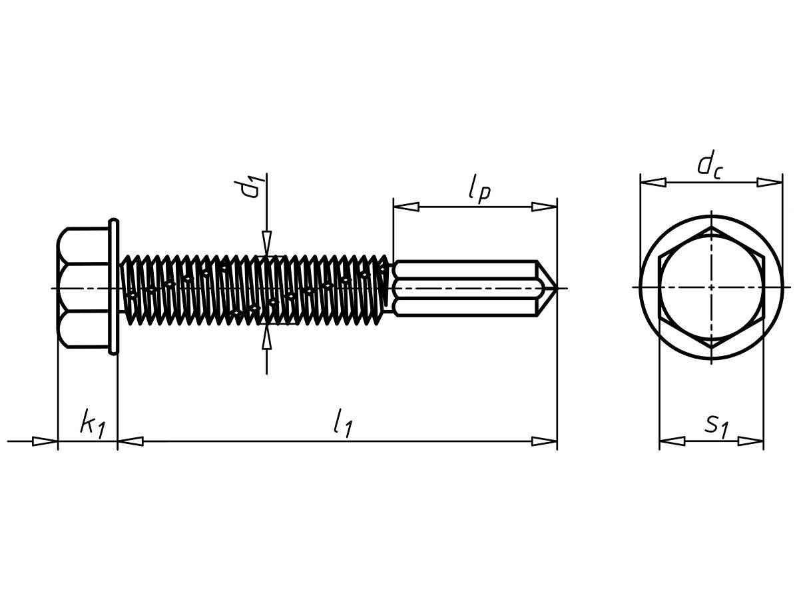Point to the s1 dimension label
click(716, 427)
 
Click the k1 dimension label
click(93, 424)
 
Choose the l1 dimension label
click(343, 423)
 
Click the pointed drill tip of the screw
click(555, 288)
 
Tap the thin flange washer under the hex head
click(114, 287)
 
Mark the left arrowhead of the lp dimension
click(406, 207)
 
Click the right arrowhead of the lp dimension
click(544, 207)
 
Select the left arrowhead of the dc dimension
click(653, 182)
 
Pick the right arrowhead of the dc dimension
click(769, 182)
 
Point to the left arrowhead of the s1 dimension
click(672, 441)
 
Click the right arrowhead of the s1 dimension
click(750, 441)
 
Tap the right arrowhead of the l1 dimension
click(544, 441)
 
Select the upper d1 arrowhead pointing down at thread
click(267, 243)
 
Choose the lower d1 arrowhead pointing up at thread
click(267, 337)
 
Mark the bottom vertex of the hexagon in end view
click(711, 349)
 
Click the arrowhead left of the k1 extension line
click(45, 441)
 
